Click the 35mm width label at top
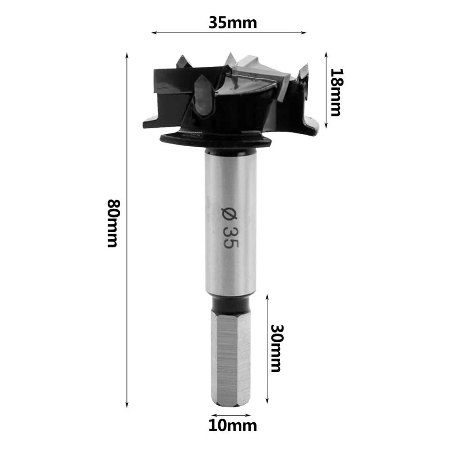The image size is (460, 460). (233, 23)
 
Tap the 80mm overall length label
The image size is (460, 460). (113, 223)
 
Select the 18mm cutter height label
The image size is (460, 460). (336, 92)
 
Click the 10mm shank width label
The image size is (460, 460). (233, 425)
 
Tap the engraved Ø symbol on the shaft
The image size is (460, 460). (230, 214)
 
